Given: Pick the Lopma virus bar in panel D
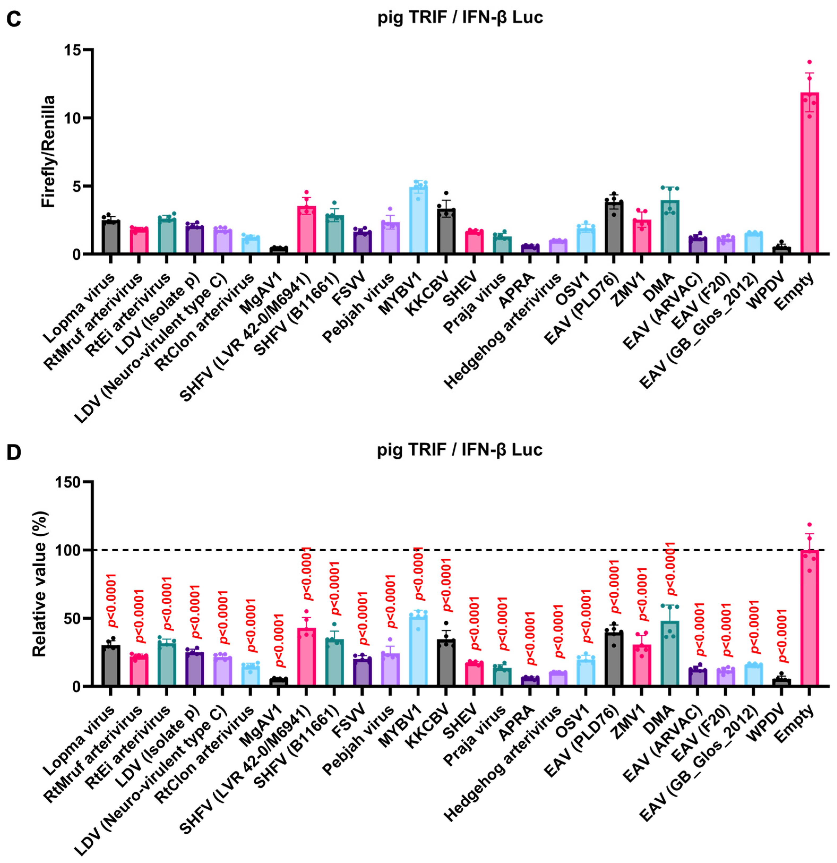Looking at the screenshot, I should [x=110, y=665].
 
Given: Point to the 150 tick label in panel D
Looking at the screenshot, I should [x=68, y=482].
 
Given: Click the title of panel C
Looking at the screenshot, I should [x=460, y=18].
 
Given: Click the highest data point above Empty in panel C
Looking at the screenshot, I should [x=809, y=62].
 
